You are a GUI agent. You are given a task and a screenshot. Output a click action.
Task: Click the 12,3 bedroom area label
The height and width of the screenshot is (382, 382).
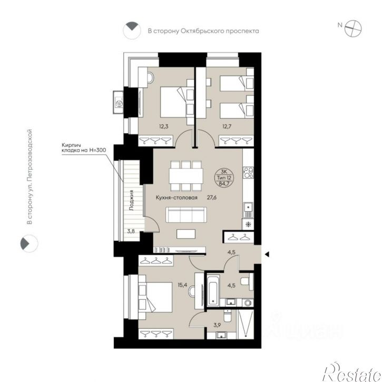tap(164, 126)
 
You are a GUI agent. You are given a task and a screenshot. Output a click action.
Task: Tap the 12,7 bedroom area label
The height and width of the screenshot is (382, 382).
tap(227, 126)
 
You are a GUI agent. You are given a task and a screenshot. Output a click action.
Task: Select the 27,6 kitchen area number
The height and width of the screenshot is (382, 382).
tap(211, 198)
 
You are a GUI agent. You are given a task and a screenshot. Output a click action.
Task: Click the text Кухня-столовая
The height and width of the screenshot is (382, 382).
tap(177, 198)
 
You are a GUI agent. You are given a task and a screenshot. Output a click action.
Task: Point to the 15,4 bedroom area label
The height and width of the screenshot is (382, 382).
tap(182, 285)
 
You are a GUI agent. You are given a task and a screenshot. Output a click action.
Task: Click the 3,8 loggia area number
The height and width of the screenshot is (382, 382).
tap(131, 231)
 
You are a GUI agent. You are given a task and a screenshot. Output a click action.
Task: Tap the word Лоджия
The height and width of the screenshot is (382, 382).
tap(132, 200)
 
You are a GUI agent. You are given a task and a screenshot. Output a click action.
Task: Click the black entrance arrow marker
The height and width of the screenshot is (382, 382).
tap(267, 254)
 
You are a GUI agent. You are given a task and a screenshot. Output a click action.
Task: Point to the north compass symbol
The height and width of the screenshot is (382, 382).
tap(353, 28)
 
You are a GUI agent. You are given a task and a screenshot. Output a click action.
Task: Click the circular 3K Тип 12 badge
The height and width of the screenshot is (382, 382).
tap(224, 178)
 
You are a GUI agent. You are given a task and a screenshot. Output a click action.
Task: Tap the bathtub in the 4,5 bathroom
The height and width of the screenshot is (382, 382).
tap(213, 291)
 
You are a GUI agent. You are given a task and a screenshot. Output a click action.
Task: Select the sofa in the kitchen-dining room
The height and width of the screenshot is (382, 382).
tap(186, 214)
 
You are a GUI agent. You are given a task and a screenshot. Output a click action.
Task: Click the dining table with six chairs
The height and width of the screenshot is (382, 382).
tap(186, 175)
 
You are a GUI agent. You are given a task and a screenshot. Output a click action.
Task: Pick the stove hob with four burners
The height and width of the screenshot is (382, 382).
tap(248, 172)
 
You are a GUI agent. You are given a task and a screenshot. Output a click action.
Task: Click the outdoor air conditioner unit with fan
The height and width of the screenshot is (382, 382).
tap(119, 103)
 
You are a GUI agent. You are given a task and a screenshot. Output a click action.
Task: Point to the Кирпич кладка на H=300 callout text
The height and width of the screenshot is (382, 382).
tap(84, 148)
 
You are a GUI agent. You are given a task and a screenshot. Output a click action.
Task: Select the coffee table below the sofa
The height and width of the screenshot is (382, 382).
tap(186, 234)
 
